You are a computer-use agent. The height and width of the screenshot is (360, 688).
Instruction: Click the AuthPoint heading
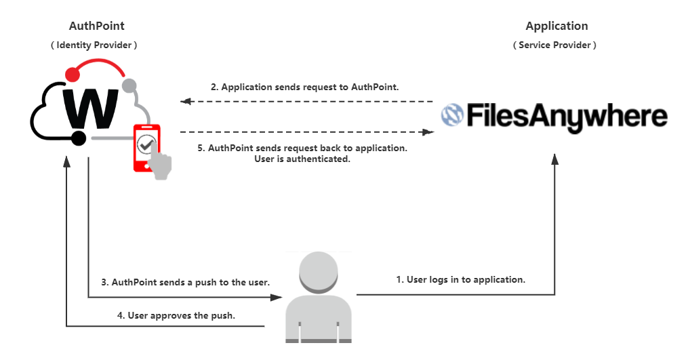coord(96,26)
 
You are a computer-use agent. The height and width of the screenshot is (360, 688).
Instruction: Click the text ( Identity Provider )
coord(94,45)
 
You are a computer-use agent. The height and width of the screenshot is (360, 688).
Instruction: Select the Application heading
coord(557,26)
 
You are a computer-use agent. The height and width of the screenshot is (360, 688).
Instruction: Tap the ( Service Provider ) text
coord(554,45)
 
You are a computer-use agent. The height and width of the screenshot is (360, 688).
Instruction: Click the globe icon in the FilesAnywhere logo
coord(452,115)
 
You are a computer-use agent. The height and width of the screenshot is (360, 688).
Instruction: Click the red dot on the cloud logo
coord(73,74)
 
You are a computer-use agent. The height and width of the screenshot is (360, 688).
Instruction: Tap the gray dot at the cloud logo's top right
coord(129,85)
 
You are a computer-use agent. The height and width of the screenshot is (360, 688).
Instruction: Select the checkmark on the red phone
coord(146,144)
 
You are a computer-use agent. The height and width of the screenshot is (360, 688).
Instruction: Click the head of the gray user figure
coord(319,272)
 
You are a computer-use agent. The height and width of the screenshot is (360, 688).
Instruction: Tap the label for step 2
coord(304,87)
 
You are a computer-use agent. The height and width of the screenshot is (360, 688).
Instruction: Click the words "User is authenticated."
coord(302,159)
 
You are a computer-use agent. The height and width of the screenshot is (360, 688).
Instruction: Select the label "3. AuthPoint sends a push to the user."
coord(186,282)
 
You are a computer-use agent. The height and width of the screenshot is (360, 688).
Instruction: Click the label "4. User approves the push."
coord(176,315)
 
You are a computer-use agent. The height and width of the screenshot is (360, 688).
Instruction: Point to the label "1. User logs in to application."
coord(461,279)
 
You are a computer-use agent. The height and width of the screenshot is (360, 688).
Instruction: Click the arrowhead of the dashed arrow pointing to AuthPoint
coord(186,102)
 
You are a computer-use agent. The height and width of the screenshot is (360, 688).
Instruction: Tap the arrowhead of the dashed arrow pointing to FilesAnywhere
coord(428,132)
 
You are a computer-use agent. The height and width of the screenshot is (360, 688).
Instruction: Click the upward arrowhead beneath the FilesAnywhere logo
coord(554,159)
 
